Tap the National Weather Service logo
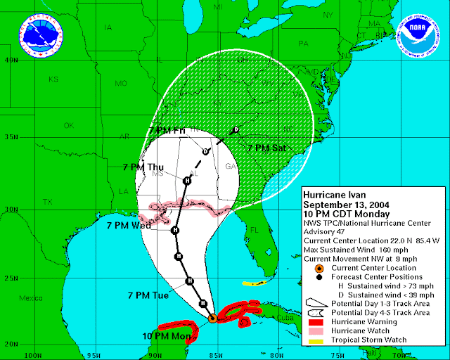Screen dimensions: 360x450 pos(39,36)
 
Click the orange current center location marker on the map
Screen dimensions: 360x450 pos(212,319)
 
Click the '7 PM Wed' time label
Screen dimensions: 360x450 pos(129,226)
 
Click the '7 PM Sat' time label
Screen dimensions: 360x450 pos(266,148)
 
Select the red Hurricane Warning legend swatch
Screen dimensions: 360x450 pos(318,321)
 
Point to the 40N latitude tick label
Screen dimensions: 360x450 pos(11,60)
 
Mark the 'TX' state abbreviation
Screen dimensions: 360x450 pos(48,202)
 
